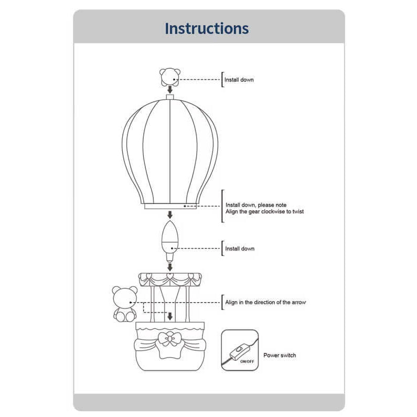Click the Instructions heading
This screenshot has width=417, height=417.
(x=207, y=28)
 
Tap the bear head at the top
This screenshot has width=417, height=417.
(x=169, y=77)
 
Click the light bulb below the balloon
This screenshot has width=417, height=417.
(x=169, y=239)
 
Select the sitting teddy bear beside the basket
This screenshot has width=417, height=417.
(x=125, y=304)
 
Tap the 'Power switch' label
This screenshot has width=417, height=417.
(x=280, y=355)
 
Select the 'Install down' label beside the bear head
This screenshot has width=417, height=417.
(x=239, y=80)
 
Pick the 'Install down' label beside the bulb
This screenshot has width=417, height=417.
(x=240, y=249)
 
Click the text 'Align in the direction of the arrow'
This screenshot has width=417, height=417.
(x=265, y=302)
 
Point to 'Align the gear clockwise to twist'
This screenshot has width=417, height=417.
(x=264, y=211)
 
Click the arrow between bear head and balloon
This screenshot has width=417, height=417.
(x=169, y=90)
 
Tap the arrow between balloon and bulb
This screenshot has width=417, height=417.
(x=169, y=215)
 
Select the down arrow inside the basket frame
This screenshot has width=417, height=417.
(x=169, y=316)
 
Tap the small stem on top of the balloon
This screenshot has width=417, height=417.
(x=169, y=97)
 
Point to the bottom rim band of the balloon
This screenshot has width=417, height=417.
(x=169, y=206)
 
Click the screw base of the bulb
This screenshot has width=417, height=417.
(x=169, y=256)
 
